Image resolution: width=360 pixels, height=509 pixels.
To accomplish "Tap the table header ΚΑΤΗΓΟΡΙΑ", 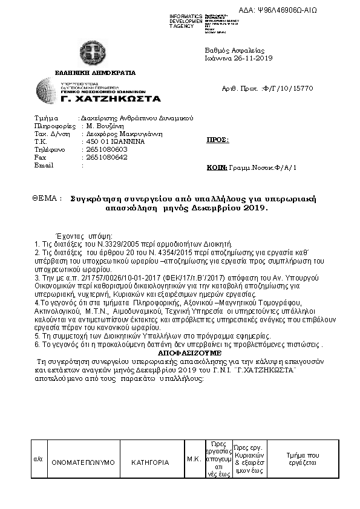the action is (150, 462).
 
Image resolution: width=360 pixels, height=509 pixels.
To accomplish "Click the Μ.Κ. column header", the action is (194, 459).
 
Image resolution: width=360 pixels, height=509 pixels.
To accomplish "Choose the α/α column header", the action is (37, 459).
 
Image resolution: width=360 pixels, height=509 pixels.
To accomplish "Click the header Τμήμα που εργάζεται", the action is (303, 458).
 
